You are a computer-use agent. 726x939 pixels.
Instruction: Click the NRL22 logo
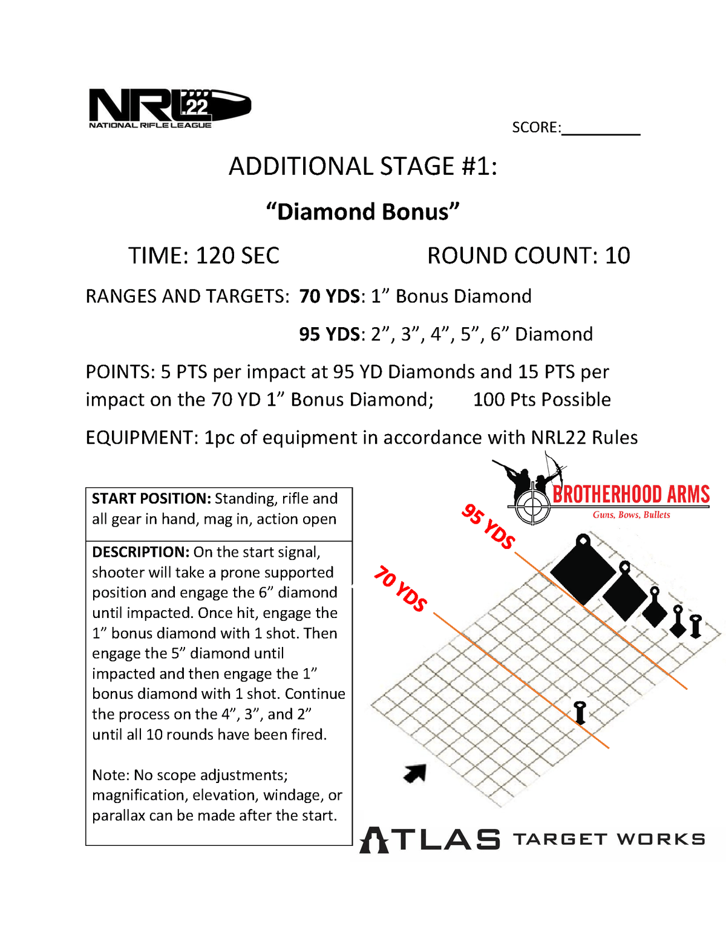click(170, 108)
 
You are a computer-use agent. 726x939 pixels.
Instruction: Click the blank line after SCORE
click(601, 135)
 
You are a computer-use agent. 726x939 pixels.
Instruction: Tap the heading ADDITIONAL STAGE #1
click(363, 166)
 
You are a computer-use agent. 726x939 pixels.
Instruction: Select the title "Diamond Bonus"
click(362, 212)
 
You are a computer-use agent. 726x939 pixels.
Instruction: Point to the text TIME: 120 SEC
click(204, 255)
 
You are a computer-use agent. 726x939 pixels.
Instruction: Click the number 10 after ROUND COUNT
click(617, 255)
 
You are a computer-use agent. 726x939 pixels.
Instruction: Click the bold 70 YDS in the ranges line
click(330, 296)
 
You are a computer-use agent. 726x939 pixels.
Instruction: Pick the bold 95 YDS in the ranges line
click(330, 334)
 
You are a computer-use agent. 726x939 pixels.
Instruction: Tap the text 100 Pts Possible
click(542, 400)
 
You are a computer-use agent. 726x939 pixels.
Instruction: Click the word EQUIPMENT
click(142, 438)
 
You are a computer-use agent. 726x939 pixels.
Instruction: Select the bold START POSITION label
click(151, 499)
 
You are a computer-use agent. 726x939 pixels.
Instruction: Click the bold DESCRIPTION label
click(141, 552)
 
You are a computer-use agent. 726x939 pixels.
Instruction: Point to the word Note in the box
click(109, 775)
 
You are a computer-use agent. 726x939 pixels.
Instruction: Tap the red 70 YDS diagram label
click(401, 588)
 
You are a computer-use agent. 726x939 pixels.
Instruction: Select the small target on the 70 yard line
click(580, 713)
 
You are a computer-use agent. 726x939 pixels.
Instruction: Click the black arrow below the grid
click(415, 773)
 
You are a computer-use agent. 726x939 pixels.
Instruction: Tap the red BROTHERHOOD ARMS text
click(631, 495)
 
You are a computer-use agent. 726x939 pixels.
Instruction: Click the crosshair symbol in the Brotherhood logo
click(532, 505)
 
